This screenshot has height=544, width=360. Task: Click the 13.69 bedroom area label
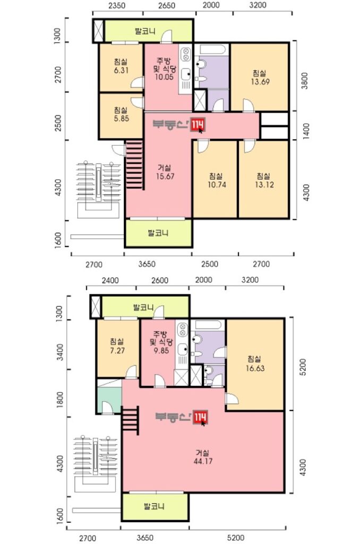point(260,82)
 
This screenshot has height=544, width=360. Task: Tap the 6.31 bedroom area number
point(121,70)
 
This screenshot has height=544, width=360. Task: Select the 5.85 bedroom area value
point(121,118)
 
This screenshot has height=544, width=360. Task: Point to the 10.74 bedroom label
point(217,184)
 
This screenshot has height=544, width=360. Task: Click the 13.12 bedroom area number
point(264,184)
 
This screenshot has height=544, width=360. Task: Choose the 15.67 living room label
point(165,176)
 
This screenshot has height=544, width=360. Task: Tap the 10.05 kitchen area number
point(164,77)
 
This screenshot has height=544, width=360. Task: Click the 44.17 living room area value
point(203,461)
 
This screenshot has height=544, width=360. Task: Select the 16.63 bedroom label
point(255,368)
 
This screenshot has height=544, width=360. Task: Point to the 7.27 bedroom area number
point(117,351)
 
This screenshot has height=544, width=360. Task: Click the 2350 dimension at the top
point(117,5)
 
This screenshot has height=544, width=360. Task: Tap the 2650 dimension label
point(167,5)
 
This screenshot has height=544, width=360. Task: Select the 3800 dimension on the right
point(304,81)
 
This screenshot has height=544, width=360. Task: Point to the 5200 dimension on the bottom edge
point(236,538)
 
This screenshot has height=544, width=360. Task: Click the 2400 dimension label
point(110,280)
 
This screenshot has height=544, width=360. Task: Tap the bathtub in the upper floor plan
point(211,49)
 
